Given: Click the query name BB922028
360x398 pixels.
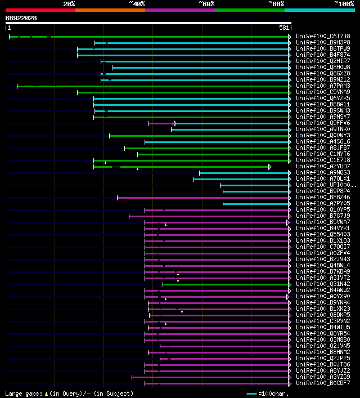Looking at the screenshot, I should pos(21,18).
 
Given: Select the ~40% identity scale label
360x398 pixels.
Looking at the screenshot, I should pos(137,3).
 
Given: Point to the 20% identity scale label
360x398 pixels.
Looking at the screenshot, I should pos(69,3).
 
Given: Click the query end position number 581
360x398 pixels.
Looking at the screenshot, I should pos(284,28).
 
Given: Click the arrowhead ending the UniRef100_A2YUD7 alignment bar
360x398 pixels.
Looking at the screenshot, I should pos(270,167).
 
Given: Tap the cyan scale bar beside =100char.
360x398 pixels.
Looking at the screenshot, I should pos(251,393).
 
